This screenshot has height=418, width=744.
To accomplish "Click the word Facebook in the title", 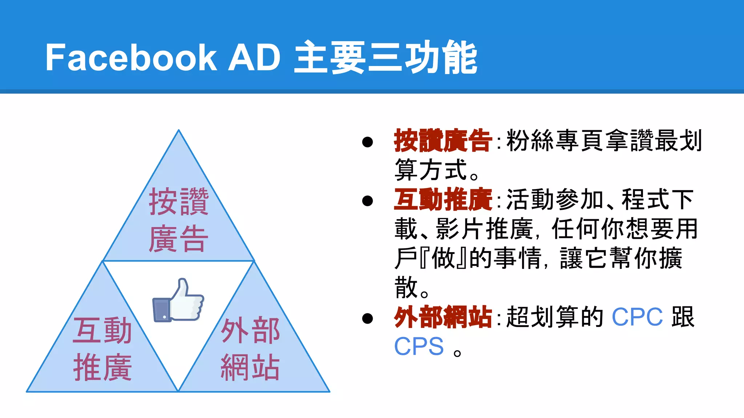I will pyautogui.click(x=131, y=57).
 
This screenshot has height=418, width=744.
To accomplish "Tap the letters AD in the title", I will pyautogui.click(x=254, y=57).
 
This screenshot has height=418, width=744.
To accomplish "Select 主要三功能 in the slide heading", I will pyautogui.click(x=385, y=57).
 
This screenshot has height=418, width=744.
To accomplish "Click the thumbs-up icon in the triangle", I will pyautogui.click(x=178, y=300).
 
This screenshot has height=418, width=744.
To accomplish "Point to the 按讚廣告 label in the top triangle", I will pyautogui.click(x=178, y=220).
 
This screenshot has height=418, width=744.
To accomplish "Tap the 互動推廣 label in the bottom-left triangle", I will pyautogui.click(x=102, y=348).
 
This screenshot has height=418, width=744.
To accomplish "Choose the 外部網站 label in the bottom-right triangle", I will pyautogui.click(x=250, y=348).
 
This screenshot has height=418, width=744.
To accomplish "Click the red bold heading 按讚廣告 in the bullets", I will pyautogui.click(x=443, y=140).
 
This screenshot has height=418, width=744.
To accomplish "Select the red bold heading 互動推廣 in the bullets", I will pyautogui.click(x=443, y=200).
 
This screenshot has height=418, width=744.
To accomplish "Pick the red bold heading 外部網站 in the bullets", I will pyautogui.click(x=443, y=317).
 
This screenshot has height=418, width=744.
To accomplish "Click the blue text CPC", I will pyautogui.click(x=637, y=317).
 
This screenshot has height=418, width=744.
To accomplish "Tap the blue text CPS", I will pyautogui.click(x=419, y=347).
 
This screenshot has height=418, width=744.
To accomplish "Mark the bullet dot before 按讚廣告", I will pyautogui.click(x=368, y=142).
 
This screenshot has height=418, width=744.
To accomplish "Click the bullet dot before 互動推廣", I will pyautogui.click(x=368, y=201).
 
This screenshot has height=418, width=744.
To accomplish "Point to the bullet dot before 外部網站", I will pyautogui.click(x=368, y=318).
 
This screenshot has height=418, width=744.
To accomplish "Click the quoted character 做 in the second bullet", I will pyautogui.click(x=444, y=258).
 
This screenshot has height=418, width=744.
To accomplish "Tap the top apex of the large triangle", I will pyautogui.click(x=178, y=131).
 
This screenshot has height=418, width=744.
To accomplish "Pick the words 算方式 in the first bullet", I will pyautogui.click(x=431, y=170).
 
